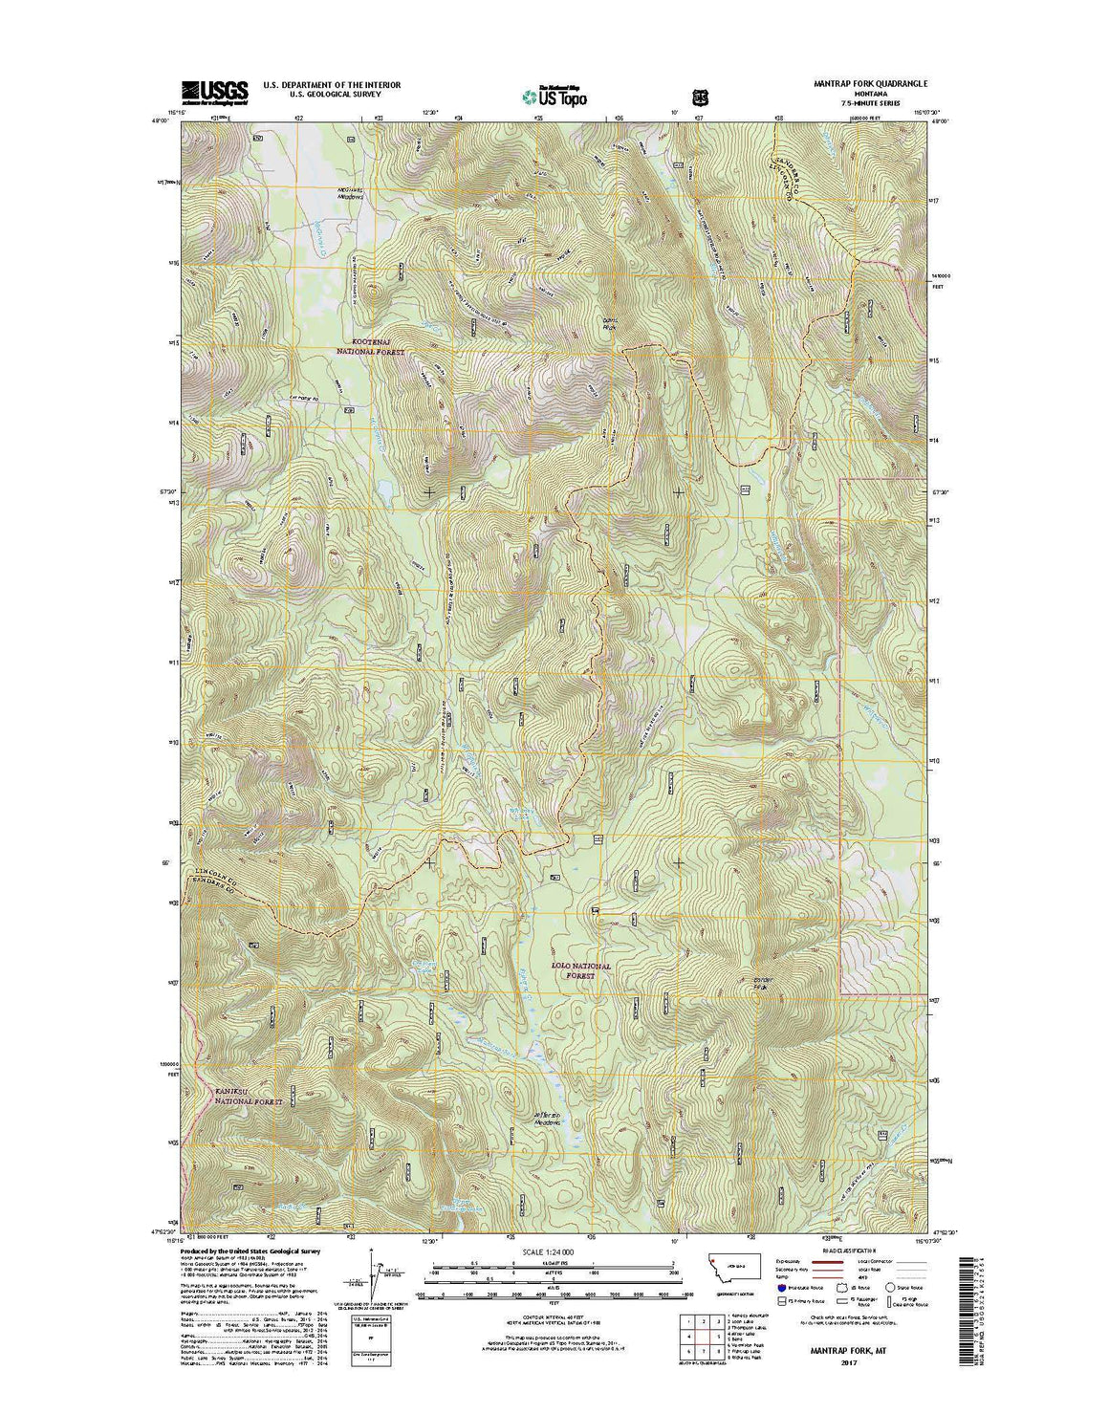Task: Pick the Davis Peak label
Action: click(x=612, y=323)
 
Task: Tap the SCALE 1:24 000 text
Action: click(x=548, y=1251)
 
